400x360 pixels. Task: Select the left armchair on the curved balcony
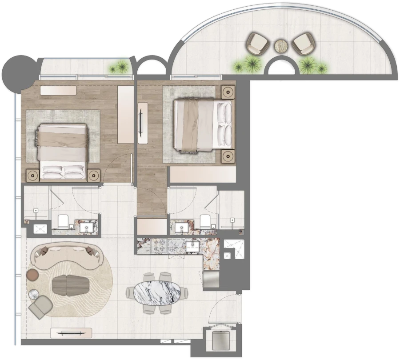point(258,43)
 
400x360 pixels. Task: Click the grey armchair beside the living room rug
point(40,306)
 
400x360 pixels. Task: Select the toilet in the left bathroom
point(63,222)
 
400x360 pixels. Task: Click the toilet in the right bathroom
point(205,221)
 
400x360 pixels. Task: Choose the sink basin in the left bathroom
point(86,228)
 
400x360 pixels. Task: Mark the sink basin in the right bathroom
point(182,228)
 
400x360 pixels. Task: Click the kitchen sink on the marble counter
point(194,245)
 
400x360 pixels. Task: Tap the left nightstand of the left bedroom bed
point(33,176)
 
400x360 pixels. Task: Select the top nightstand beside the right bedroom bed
point(228,92)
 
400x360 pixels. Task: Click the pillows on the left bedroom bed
point(63,172)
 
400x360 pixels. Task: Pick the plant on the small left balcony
point(119,68)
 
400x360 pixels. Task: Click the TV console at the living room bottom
point(71,333)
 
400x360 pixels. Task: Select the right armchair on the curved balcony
point(304,43)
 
